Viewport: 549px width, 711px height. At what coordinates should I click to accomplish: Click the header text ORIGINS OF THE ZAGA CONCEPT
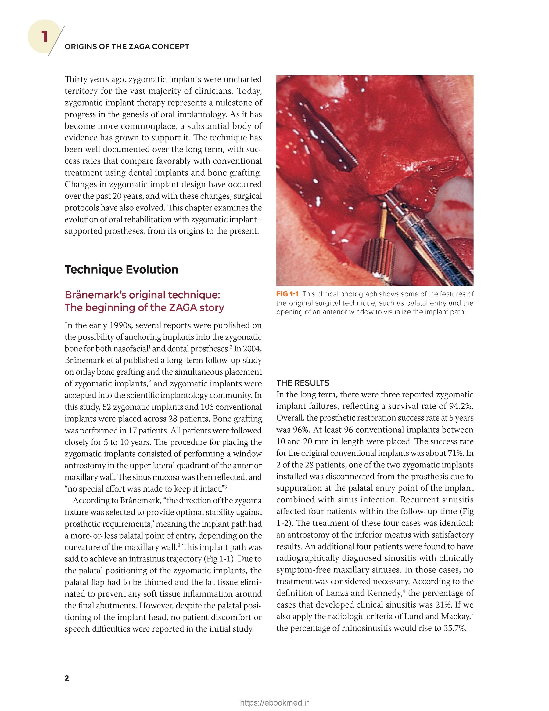tap(127, 46)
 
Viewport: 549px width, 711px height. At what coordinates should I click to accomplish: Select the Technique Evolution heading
tap(121, 269)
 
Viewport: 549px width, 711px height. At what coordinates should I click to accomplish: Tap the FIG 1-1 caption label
tap(287, 294)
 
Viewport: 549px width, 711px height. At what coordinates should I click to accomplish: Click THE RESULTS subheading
tap(303, 383)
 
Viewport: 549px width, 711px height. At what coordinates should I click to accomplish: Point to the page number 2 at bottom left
tap(67, 678)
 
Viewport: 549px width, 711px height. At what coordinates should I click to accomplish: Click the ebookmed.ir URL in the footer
tap(274, 703)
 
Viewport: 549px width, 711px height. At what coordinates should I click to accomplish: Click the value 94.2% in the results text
tap(461, 406)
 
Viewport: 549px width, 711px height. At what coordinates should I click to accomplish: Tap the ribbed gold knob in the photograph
tap(378, 257)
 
